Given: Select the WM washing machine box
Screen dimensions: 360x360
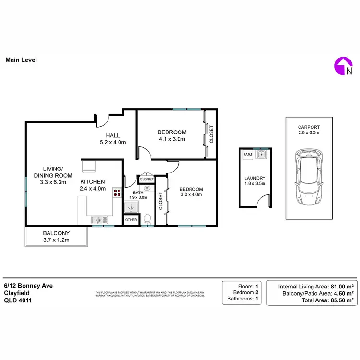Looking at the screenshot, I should [248, 155].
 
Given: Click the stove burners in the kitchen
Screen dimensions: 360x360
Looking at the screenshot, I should [117, 193].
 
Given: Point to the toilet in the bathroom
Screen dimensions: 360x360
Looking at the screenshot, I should [148, 218].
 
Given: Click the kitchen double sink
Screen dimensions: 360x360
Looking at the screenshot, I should [99, 220].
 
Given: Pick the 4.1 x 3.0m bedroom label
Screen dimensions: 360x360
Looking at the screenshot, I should [172, 135].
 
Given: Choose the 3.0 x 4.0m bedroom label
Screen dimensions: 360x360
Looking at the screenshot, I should [191, 192].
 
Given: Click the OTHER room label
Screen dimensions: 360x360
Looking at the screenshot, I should [131, 220].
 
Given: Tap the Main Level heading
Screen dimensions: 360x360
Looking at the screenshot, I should [21, 60].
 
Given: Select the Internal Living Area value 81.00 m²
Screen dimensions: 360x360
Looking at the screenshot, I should [342, 287].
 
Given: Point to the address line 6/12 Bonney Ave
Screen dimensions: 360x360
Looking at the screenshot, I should [28, 285].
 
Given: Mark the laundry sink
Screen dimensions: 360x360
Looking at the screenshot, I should [262, 155].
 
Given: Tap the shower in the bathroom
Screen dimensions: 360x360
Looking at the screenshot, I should [131, 207].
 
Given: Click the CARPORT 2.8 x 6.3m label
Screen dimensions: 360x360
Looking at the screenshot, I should [308, 130].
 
